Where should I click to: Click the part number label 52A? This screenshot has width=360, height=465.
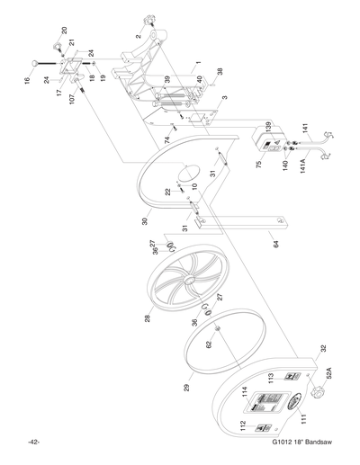[x=329, y=371]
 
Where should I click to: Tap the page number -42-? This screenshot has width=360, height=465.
[x=33, y=442]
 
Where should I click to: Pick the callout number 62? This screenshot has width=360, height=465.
[x=209, y=344]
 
